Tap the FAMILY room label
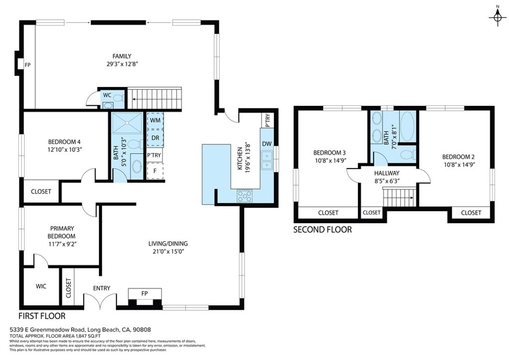(122, 56)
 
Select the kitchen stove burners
(246, 195)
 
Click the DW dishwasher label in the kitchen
(267, 144)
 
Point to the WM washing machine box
(155, 120)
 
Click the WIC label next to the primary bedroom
(41, 286)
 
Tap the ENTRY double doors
(101, 301)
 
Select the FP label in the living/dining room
(145, 293)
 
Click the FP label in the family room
(28, 65)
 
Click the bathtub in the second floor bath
(408, 126)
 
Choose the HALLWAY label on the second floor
(387, 173)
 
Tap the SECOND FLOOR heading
(322, 230)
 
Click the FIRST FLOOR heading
(42, 316)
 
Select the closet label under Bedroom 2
(471, 213)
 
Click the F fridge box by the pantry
(155, 171)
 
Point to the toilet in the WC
(117, 98)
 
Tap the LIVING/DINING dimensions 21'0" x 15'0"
(168, 252)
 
